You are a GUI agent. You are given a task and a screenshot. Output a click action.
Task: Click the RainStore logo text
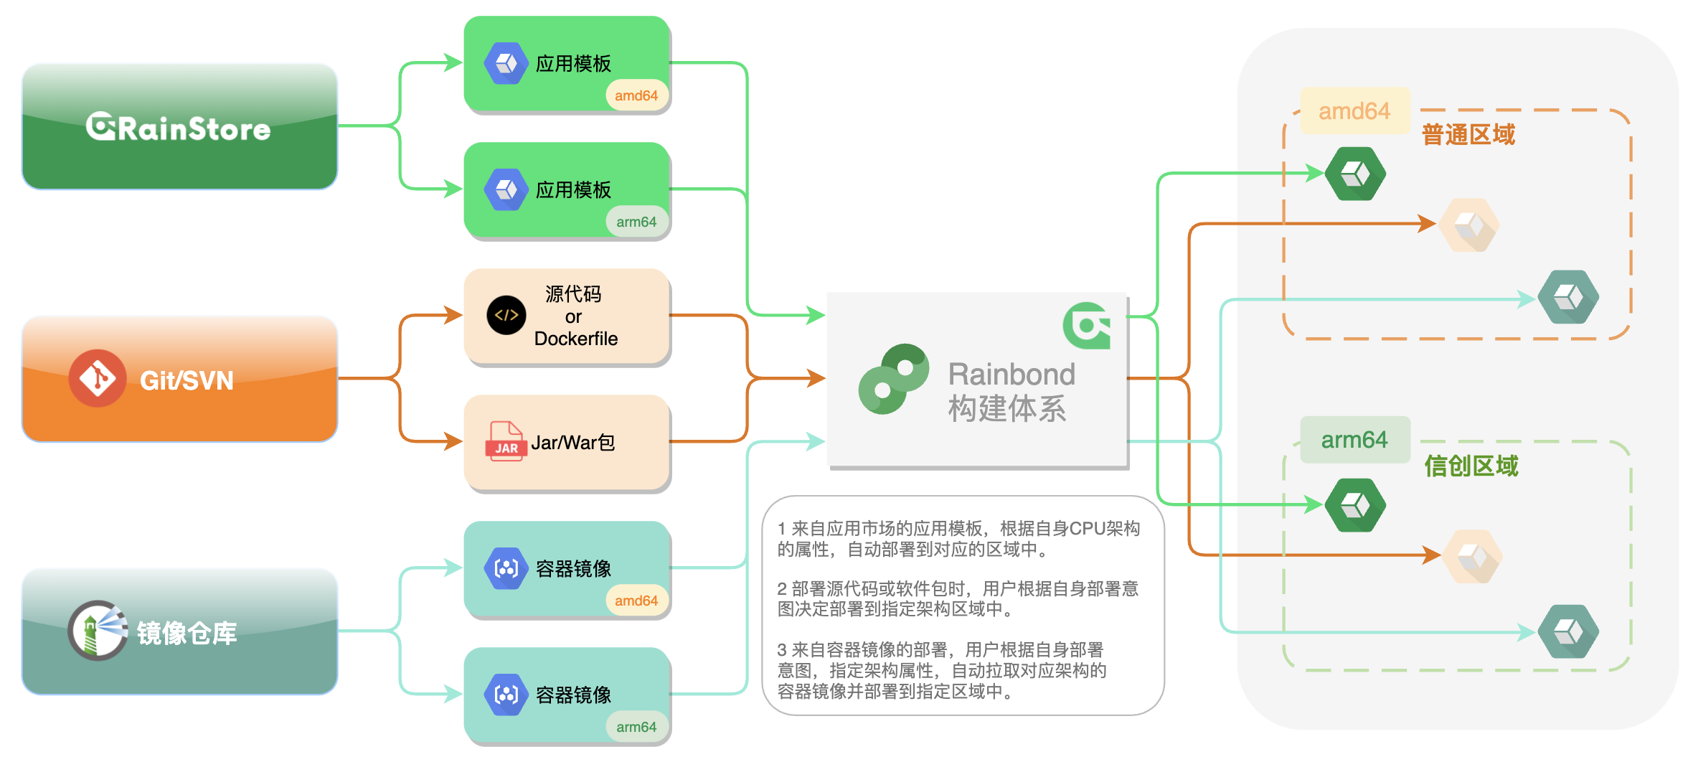coord(179,128)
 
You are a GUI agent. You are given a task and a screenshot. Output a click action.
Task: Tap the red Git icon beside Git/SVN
coord(98,378)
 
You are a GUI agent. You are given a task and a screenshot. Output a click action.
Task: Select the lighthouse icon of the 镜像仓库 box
coord(97,630)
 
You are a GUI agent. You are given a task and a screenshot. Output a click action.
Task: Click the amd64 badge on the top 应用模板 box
coord(636,95)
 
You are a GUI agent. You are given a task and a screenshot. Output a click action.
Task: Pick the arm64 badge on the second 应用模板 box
coord(636,222)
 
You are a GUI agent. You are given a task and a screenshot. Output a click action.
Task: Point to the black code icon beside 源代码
coord(506,315)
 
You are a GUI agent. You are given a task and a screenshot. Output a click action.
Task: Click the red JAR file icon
coord(506,441)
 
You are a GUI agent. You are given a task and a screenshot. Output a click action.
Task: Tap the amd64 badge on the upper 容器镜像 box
coord(636,601)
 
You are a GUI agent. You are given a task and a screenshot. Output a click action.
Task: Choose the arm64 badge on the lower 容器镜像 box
coord(636,727)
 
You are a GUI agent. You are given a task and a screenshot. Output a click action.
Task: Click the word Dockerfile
coord(575,339)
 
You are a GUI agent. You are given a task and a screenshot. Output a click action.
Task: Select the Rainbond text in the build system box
coord(1011,374)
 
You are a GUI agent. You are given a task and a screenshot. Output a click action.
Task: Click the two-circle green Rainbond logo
coord(894,378)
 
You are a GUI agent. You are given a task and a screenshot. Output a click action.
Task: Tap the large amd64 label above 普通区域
coord(1354,111)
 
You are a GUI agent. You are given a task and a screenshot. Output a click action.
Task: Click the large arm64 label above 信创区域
coord(1354,439)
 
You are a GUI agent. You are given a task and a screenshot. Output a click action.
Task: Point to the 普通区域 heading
coord(1468,134)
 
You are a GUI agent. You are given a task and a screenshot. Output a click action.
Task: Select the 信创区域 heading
coord(1471,466)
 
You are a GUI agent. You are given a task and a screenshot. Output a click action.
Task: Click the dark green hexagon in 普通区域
coord(1355,174)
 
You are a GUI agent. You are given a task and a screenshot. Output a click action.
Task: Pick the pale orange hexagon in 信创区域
coord(1472,556)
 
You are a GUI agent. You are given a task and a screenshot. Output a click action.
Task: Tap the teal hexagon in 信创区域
coord(1569,631)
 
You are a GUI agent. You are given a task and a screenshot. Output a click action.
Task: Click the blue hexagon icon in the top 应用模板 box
coord(506,63)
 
